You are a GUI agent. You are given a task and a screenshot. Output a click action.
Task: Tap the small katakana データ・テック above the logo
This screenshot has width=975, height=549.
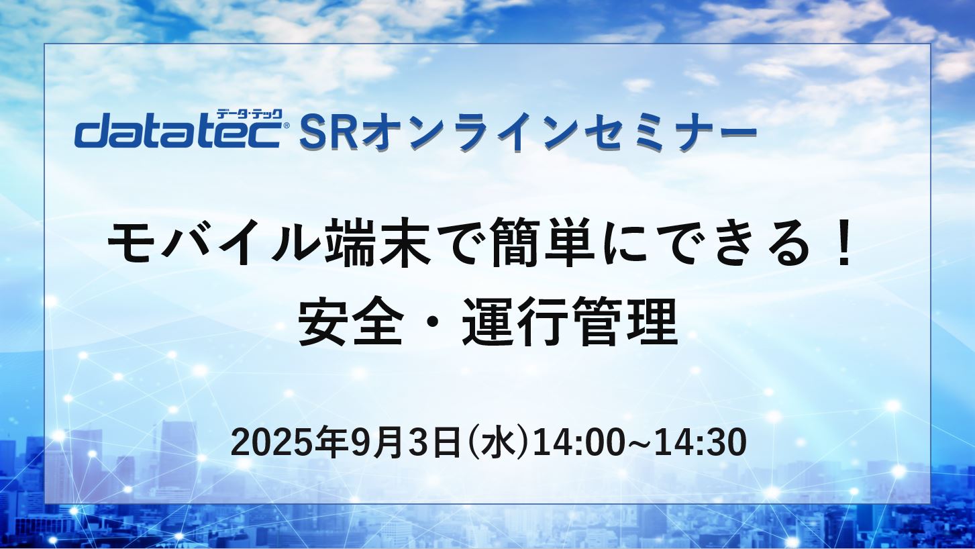point(250,115)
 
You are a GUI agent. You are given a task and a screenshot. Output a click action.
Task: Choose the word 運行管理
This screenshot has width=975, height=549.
point(570,322)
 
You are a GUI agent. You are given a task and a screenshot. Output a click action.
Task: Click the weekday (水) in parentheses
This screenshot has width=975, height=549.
point(496,443)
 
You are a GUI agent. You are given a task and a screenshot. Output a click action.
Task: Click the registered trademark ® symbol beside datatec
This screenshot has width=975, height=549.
point(286,126)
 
